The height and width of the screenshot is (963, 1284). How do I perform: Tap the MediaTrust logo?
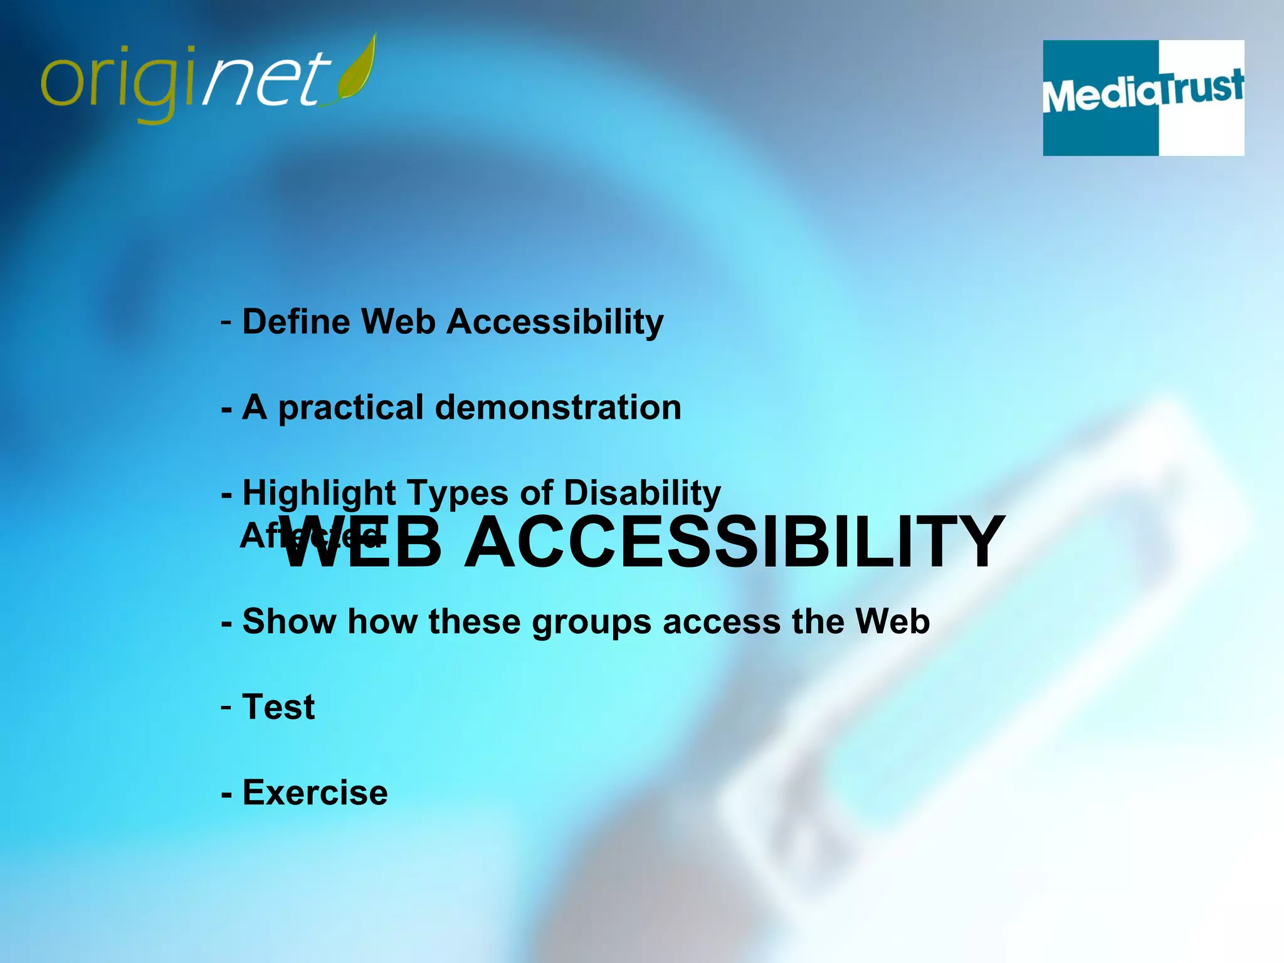[1143, 98]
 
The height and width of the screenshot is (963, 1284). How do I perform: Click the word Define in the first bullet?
[296, 322]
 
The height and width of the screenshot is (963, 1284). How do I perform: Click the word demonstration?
[558, 408]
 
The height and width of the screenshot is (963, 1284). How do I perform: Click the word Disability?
[642, 493]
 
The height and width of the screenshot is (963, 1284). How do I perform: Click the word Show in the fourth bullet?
[289, 621]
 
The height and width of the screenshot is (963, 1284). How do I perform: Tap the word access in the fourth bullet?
[721, 622]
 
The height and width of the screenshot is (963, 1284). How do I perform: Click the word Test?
[278, 707]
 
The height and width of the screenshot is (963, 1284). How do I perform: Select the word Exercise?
[315, 792]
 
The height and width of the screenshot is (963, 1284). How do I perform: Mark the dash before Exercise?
[227, 794]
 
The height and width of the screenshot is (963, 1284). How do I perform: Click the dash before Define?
[226, 323]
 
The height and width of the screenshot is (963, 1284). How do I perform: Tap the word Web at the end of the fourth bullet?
[893, 621]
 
